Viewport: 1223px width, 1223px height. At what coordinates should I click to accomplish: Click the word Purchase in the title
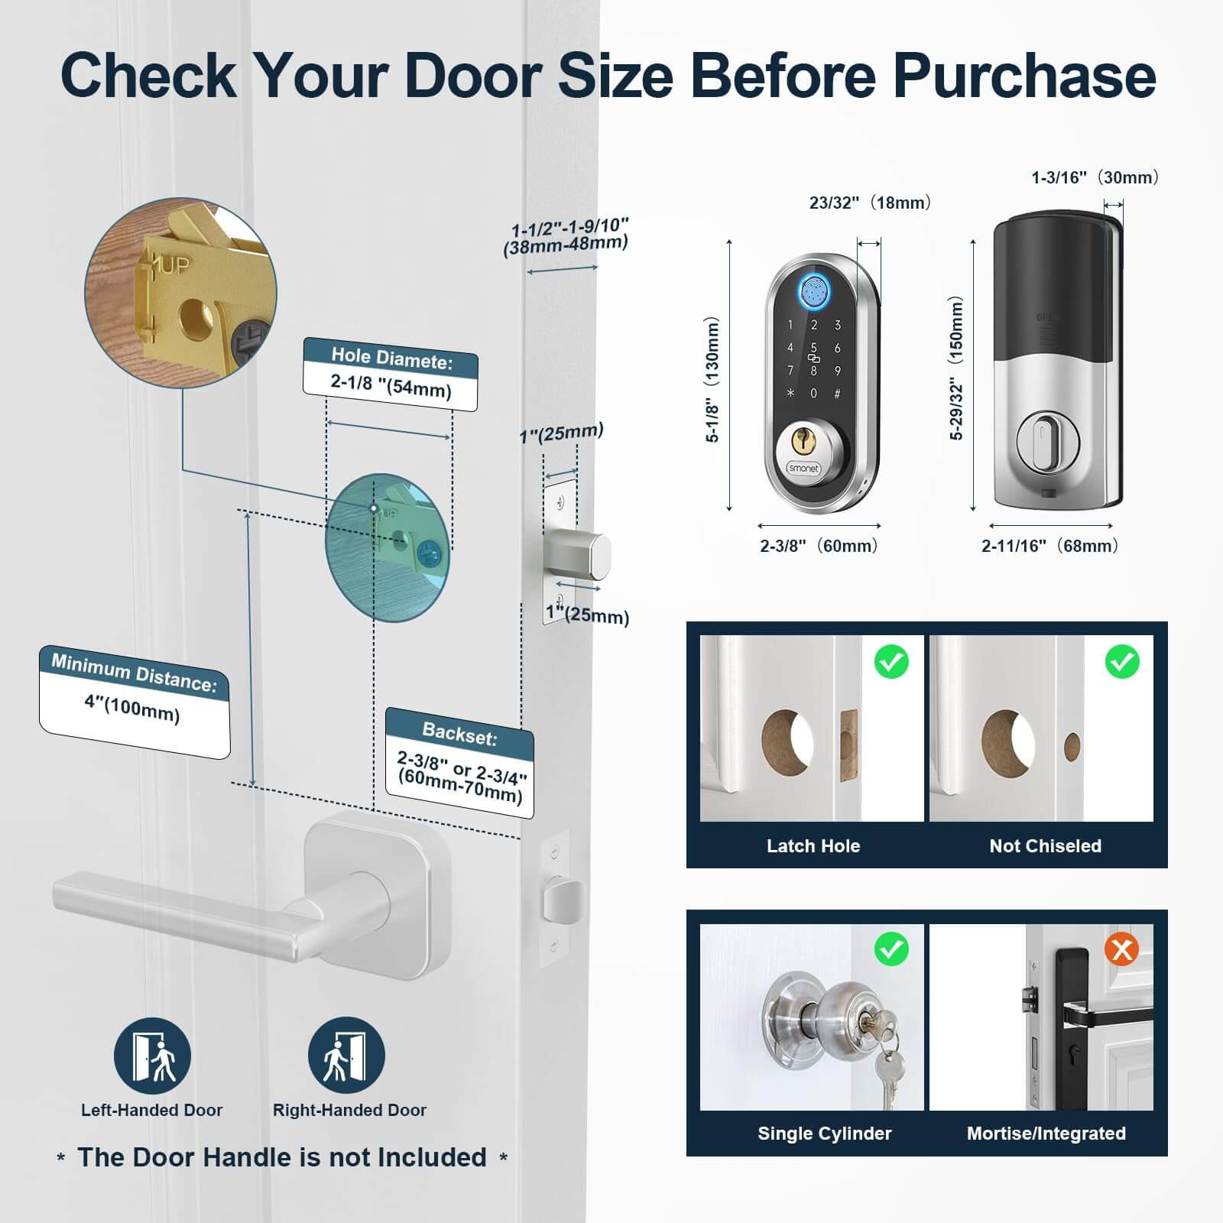1024,76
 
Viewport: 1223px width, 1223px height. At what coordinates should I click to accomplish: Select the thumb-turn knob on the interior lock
1045,439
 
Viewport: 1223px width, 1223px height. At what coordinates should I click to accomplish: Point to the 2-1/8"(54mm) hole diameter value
391,387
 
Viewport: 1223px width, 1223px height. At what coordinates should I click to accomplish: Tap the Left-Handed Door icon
152,1056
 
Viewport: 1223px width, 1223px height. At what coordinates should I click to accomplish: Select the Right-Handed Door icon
346,1056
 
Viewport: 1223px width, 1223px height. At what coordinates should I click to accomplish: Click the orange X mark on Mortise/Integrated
1121,950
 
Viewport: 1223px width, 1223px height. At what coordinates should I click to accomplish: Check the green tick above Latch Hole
891,662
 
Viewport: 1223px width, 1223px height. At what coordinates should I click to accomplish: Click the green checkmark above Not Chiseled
1122,662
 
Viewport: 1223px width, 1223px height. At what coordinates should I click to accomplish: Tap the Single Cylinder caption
825,1133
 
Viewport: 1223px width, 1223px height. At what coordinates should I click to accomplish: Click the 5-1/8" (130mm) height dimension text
712,380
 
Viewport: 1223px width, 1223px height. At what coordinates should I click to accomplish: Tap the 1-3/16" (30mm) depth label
1095,177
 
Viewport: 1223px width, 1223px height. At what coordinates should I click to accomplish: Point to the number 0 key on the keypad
813,394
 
